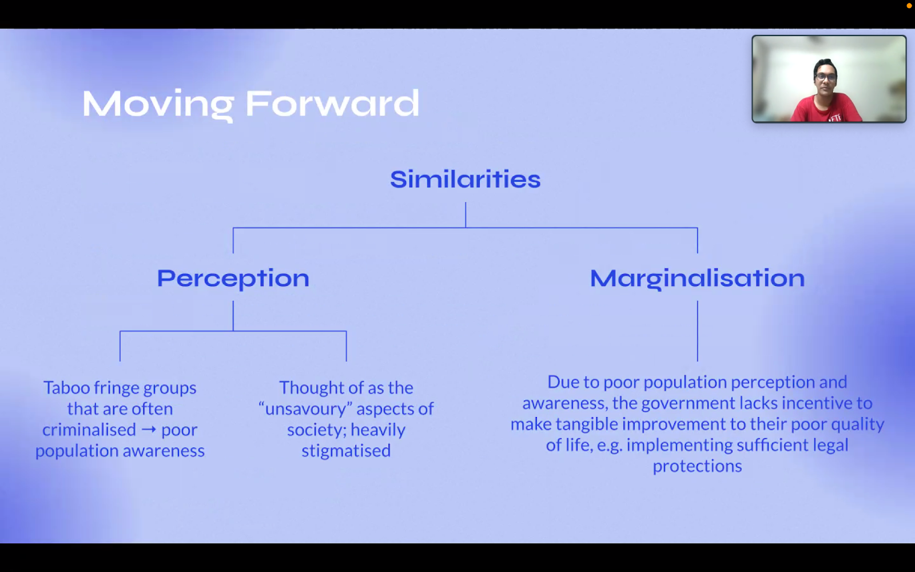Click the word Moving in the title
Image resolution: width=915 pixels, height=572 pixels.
coord(158,105)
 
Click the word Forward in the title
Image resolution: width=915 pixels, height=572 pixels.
coord(332,103)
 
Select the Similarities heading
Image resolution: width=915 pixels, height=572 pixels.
coord(466,179)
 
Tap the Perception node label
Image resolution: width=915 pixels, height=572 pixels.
coord(233,279)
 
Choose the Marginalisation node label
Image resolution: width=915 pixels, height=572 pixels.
coord(697,279)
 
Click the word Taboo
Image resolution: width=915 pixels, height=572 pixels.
coord(66,387)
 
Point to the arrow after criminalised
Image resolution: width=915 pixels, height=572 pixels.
coord(149,430)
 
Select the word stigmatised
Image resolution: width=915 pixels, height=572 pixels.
coord(346,451)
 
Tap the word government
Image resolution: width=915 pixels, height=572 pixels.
coord(689,403)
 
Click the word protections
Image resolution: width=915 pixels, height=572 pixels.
coord(697,466)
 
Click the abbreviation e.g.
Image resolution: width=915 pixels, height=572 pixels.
coord(610,446)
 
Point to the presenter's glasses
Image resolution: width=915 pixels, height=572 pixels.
coord(825,77)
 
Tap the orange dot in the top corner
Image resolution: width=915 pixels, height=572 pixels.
coord(909,6)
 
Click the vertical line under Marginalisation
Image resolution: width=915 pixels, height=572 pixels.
coord(697,331)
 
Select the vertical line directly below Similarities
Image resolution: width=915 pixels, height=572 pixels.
coord(466,215)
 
